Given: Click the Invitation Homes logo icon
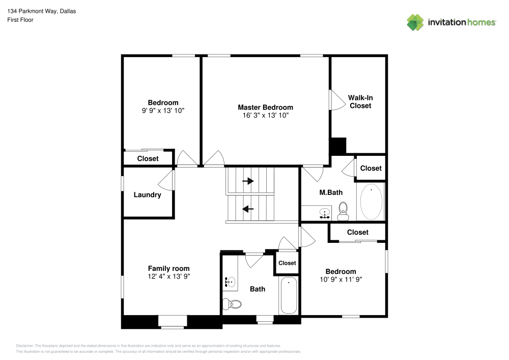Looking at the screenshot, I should coord(415,22).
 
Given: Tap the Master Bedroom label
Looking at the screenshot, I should coord(265,107).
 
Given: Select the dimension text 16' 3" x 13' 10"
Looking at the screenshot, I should coord(265,116).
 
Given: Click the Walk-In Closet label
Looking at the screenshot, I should coord(359,101).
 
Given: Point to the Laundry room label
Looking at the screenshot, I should coord(147,195).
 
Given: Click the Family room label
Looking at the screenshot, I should coord(168,268).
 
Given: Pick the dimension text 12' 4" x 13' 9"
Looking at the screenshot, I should coord(168,276).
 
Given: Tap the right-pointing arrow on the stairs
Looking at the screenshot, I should coord(248,181).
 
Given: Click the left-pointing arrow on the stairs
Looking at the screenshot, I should coord(248,208).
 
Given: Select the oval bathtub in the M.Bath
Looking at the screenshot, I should coord(371,202).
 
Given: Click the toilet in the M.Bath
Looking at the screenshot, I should coord(343,210).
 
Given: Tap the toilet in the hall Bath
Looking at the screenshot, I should coord(234,304).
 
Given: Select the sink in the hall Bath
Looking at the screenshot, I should coord(230,280).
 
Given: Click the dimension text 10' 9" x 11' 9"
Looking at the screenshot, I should coord(341,279).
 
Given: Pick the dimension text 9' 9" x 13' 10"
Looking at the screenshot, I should coord(163,110).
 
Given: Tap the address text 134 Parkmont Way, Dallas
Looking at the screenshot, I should coord(42,11).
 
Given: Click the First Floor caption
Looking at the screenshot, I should coord(20,20).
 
